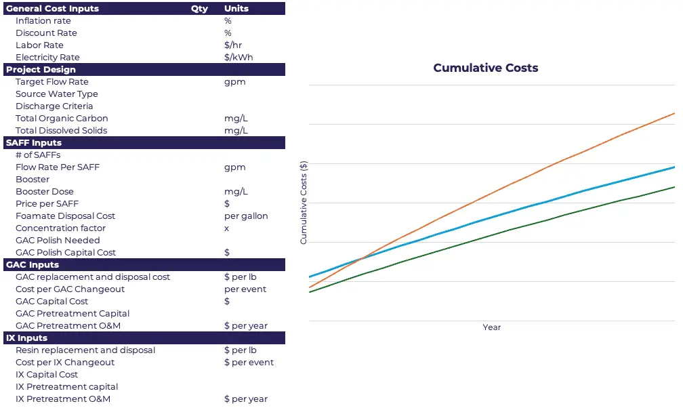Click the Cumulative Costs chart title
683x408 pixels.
pos(485,68)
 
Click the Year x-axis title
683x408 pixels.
pos(492,327)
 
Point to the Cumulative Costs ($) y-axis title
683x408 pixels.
pos(304,203)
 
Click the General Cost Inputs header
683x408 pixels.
pos(53,9)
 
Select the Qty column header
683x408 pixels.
pos(199,9)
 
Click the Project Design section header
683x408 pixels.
pos(41,70)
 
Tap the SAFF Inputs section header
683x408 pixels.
pos(34,143)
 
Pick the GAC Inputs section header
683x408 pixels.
pos(33,265)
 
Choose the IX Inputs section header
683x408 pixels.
pos(27,338)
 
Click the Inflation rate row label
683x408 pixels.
pos(43,21)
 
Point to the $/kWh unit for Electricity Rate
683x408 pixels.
pos(239,58)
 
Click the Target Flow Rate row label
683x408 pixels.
pos(52,82)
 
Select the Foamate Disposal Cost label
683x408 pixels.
pos(65,216)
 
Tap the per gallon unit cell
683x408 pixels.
pos(246,216)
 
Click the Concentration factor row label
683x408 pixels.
pos(61,228)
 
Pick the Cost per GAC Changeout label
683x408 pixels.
pos(70,289)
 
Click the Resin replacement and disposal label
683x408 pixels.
pos(85,350)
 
